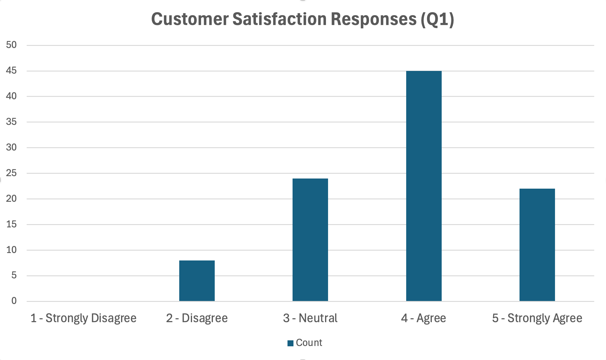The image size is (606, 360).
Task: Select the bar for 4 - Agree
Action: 424,186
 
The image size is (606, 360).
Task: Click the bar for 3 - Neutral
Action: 310,240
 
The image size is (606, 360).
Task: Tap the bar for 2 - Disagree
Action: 197,281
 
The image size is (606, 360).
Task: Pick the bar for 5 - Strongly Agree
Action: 537,245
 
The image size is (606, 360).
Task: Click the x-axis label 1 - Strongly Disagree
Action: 84,318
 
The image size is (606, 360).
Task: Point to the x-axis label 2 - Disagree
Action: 197,318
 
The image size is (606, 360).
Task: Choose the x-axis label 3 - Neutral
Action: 310,318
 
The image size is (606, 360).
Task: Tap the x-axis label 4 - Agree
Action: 423,318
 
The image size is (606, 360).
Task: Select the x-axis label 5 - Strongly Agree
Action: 537,318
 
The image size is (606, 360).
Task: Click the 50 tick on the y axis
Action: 11,45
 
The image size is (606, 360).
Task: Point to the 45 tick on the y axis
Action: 11,71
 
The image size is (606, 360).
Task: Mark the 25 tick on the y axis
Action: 11,173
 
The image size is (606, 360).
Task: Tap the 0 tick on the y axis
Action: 14,301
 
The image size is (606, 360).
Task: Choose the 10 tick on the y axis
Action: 11,250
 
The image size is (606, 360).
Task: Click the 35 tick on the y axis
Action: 11,122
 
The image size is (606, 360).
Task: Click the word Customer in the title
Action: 190,19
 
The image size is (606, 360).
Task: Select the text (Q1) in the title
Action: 438,19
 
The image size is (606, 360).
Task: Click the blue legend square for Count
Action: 290,343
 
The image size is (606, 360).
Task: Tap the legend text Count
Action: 309,343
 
